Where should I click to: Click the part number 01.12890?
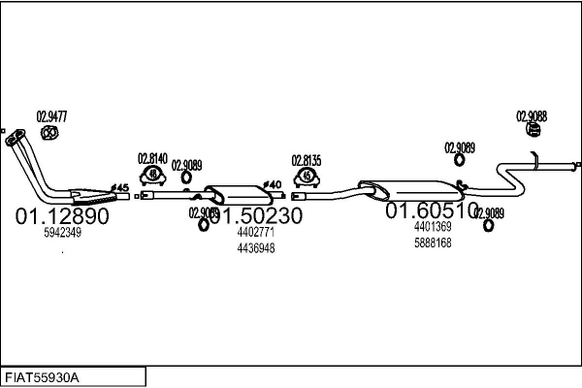point(62,215)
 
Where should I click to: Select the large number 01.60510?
point(432,210)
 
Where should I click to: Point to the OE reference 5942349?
point(62,233)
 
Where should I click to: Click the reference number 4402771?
point(256,233)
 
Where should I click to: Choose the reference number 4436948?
point(256,247)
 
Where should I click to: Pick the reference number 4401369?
point(433,227)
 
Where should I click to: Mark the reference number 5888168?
point(433,242)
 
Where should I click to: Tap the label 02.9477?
point(51,116)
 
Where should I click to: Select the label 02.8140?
point(152,158)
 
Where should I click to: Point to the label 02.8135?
point(307,160)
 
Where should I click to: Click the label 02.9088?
point(531,114)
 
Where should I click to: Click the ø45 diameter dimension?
point(119,186)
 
